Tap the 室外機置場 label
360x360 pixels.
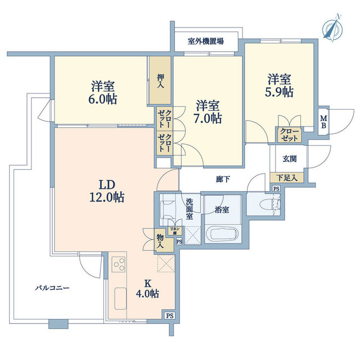click(205, 41)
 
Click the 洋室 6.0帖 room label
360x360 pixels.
click(103, 92)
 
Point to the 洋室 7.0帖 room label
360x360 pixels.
click(208, 112)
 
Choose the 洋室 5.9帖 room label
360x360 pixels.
click(280, 85)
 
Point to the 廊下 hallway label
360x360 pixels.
click(223, 179)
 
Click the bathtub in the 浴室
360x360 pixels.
click(224, 234)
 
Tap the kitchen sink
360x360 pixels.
click(120, 298)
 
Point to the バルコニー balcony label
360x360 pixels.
click(52, 287)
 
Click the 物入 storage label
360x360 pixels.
click(160, 241)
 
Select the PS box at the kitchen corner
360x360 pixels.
click(169, 316)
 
